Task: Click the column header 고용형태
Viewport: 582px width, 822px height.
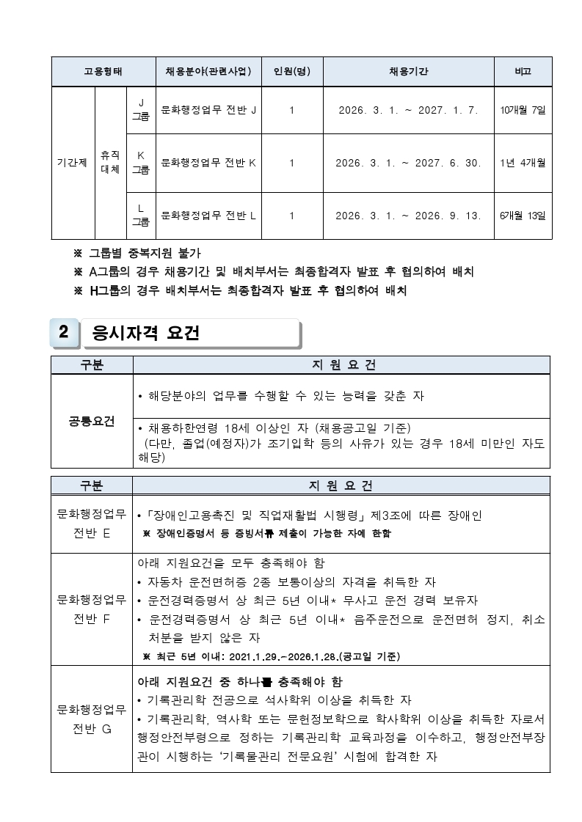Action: pyautogui.click(x=103, y=72)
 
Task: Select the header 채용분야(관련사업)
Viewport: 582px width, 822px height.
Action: pyautogui.click(x=208, y=72)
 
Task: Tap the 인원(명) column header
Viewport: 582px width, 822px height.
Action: pyautogui.click(x=292, y=72)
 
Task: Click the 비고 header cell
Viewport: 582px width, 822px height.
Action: pyautogui.click(x=523, y=72)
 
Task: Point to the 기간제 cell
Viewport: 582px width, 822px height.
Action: pyautogui.click(x=73, y=163)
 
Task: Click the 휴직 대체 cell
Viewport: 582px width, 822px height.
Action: pyautogui.click(x=110, y=163)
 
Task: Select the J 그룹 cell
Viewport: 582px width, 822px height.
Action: pyautogui.click(x=141, y=110)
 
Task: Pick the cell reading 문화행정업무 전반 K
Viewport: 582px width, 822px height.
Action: pyautogui.click(x=208, y=163)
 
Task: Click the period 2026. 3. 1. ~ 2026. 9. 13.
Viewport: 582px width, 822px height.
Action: pyautogui.click(x=408, y=216)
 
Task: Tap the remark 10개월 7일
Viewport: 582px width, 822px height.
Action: pyautogui.click(x=523, y=110)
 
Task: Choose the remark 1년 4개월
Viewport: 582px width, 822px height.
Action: pyautogui.click(x=523, y=163)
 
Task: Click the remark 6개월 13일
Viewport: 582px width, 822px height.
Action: pyautogui.click(x=523, y=216)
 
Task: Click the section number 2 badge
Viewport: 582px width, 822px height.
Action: pyautogui.click(x=64, y=332)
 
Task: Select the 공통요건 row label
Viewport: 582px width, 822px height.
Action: pyautogui.click(x=92, y=421)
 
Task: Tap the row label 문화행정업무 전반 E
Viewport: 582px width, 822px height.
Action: pyautogui.click(x=92, y=524)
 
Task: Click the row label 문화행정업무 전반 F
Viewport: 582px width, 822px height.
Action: pyautogui.click(x=92, y=609)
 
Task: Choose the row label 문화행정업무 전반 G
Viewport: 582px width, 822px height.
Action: pyautogui.click(x=92, y=719)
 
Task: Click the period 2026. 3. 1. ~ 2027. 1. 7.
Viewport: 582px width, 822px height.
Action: pyautogui.click(x=408, y=110)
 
